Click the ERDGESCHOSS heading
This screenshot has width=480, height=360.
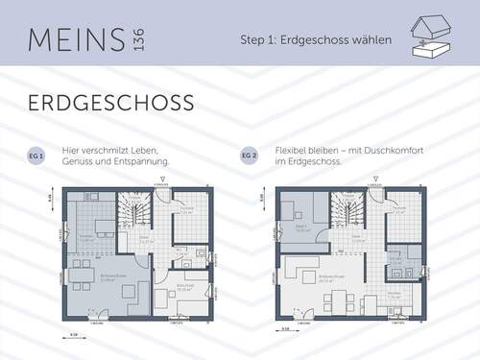[x=110, y=102]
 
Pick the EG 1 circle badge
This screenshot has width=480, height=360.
[x=36, y=156]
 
